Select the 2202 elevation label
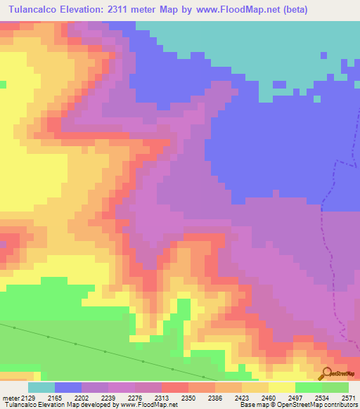(82, 398)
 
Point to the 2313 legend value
(161, 398)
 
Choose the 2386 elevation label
(215, 398)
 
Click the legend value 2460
(269, 398)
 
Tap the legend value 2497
(295, 398)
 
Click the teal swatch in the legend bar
(41, 387)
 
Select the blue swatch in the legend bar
(68, 387)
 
